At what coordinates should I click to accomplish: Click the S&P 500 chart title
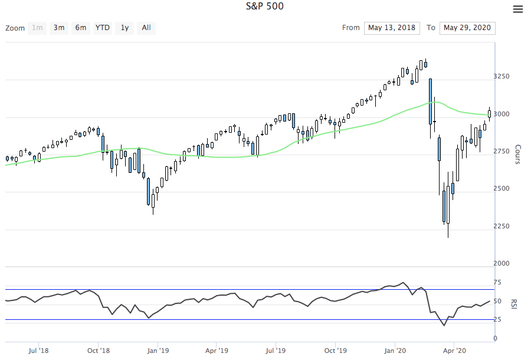(265, 6)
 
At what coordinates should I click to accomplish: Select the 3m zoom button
(59, 28)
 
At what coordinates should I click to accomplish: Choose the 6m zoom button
(80, 28)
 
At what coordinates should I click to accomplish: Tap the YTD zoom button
(103, 28)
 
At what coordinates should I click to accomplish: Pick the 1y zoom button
(124, 28)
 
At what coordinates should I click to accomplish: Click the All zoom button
(146, 28)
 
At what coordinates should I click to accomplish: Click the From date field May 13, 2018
(392, 28)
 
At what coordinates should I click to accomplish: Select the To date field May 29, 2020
(467, 28)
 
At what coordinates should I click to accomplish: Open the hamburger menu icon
(517, 9)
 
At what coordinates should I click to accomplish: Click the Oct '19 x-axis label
(335, 350)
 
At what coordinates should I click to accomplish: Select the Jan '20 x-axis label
(395, 350)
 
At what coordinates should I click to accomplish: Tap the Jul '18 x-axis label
(38, 350)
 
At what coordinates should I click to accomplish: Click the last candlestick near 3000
(489, 113)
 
